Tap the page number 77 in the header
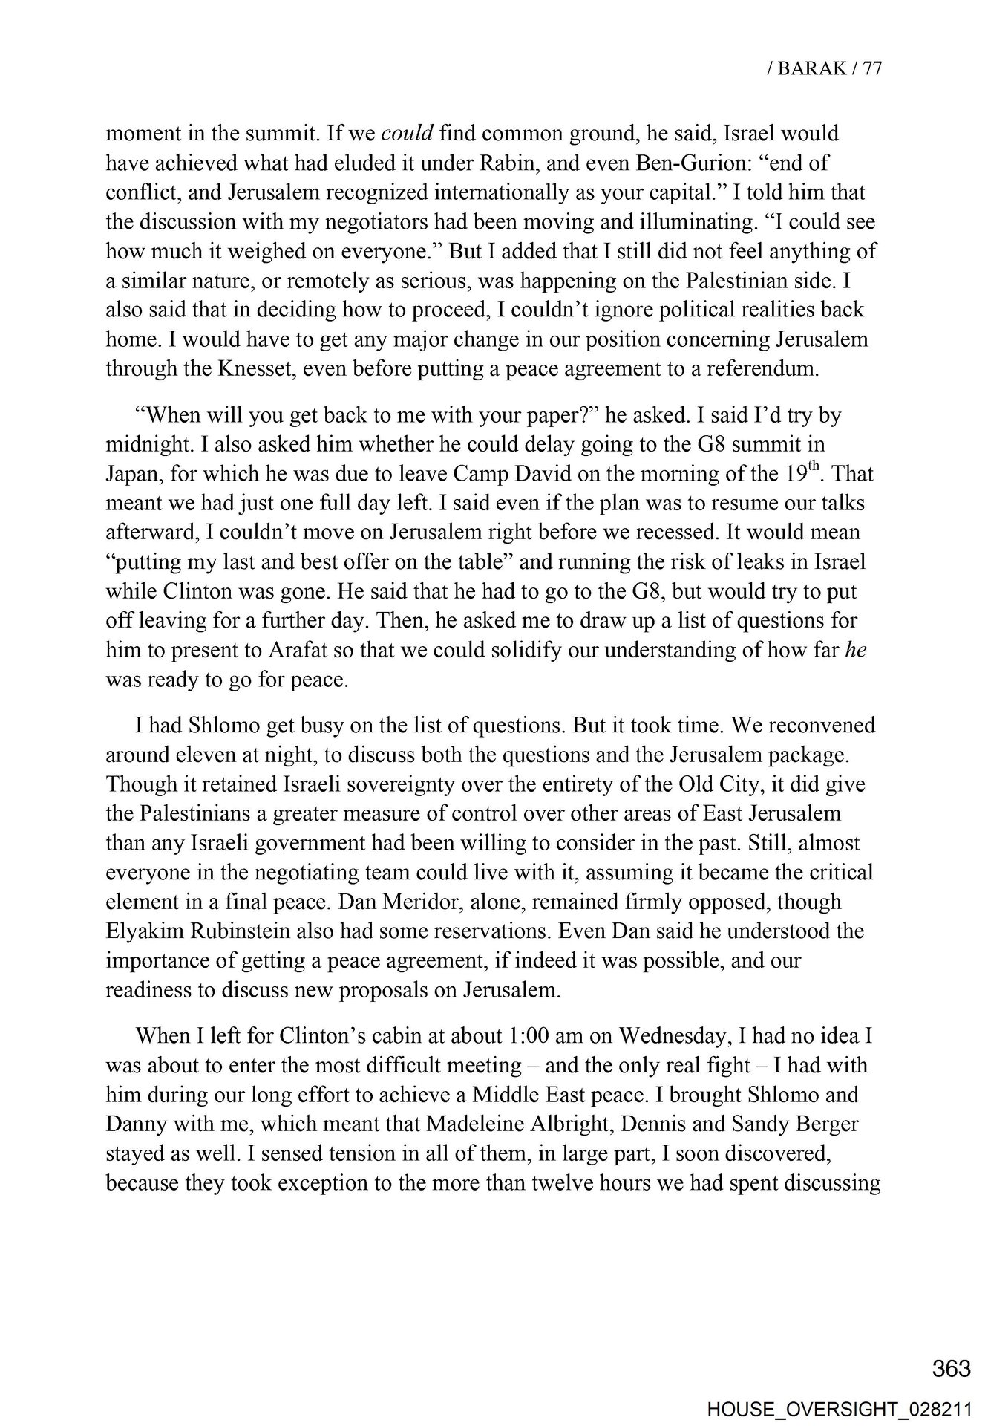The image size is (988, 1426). click(x=871, y=68)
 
